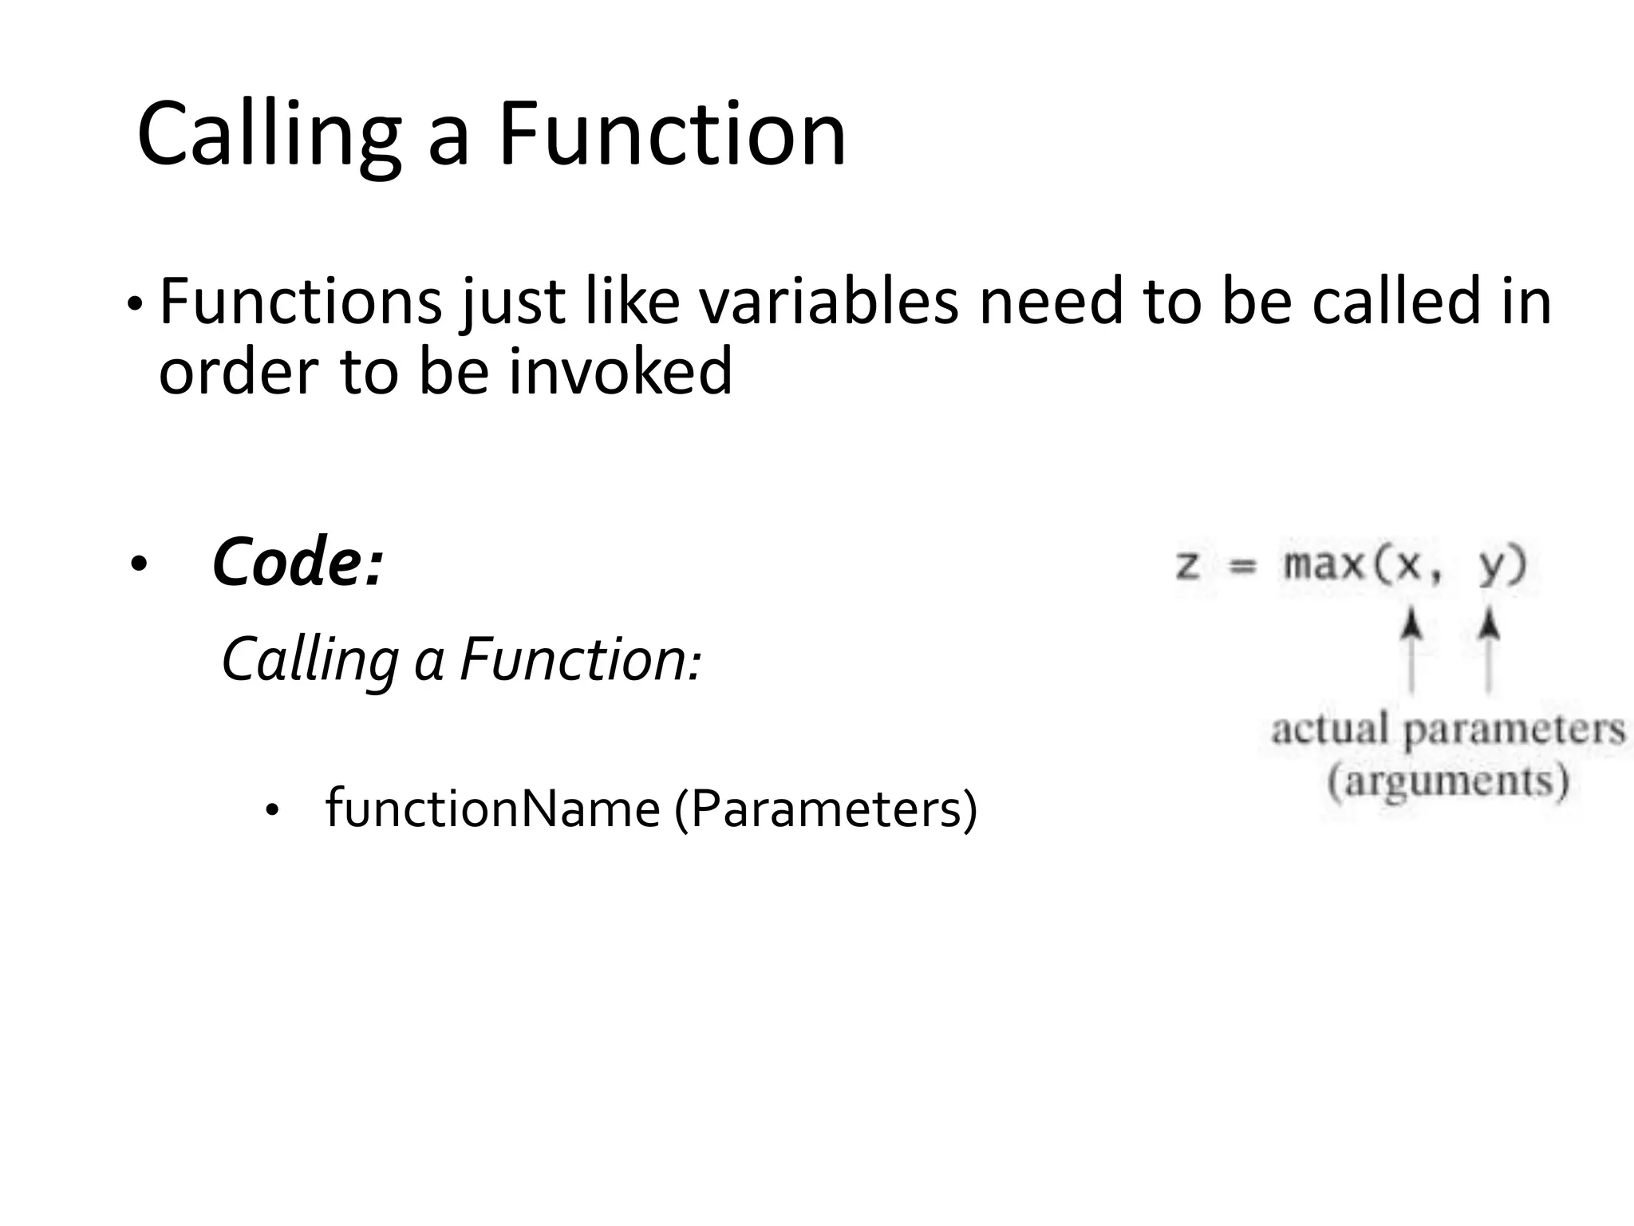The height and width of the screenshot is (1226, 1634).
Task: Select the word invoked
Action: pos(620,373)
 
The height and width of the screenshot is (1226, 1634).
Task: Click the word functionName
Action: pos(492,809)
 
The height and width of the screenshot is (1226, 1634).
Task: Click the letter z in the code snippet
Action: pos(1187,565)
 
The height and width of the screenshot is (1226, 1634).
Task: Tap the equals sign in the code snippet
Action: pos(1241,566)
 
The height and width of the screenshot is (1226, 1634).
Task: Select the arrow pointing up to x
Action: pos(1411,650)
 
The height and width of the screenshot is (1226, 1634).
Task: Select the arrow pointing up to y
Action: pos(1488,650)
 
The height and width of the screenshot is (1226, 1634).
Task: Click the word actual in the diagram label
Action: pos(1329,730)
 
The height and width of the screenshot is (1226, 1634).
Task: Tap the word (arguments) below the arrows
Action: pos(1448,780)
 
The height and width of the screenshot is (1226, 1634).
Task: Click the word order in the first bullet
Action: pos(238,373)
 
